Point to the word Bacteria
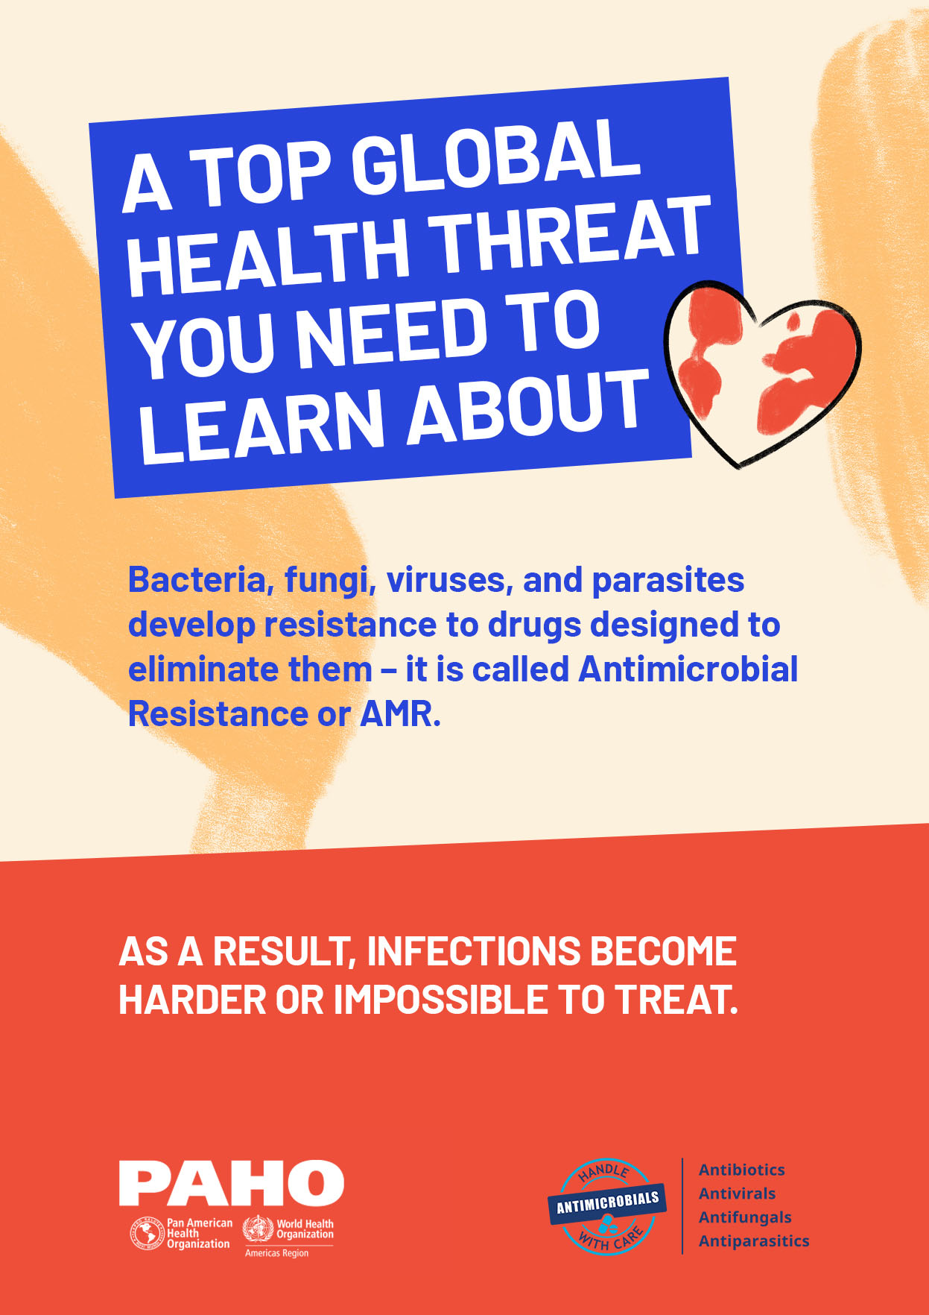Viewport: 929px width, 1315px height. tap(197, 581)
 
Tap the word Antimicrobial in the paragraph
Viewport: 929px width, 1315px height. tap(688, 669)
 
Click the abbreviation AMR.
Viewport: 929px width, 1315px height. tap(400, 714)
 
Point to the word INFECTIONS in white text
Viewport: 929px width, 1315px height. tap(473, 951)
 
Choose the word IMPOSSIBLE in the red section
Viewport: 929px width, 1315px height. tap(440, 1000)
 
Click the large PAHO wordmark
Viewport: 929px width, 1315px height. tap(231, 1184)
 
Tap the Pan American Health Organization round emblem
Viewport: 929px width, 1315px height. tap(147, 1234)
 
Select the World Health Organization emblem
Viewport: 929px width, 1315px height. tap(258, 1229)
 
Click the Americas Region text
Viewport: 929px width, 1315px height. tap(276, 1253)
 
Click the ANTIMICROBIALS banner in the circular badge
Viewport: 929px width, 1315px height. tap(608, 1202)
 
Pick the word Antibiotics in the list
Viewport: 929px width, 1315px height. tap(741, 1170)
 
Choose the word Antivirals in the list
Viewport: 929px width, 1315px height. tap(737, 1193)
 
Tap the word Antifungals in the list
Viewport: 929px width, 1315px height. tap(745, 1217)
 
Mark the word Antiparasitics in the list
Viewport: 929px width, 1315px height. tap(754, 1241)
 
